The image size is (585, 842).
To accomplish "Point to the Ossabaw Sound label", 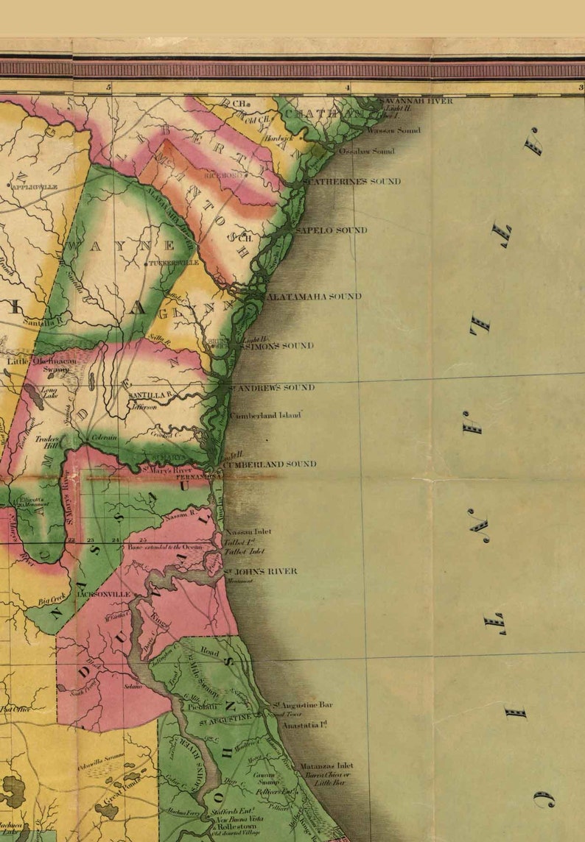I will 366,151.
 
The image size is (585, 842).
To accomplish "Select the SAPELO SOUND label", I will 331,230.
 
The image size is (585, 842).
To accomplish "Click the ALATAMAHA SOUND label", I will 313,297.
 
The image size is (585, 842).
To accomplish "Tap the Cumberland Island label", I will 266,416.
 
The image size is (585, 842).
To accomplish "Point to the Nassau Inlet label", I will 248,531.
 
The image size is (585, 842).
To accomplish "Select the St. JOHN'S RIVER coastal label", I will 261,571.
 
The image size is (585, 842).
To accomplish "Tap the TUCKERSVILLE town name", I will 174,262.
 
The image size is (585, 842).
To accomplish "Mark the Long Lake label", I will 49,393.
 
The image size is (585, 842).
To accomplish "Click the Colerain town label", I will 104,437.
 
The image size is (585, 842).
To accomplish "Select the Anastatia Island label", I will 304,725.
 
